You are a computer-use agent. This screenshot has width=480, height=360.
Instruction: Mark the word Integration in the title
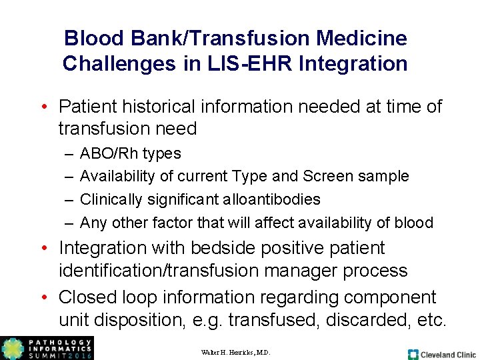point(353,64)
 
